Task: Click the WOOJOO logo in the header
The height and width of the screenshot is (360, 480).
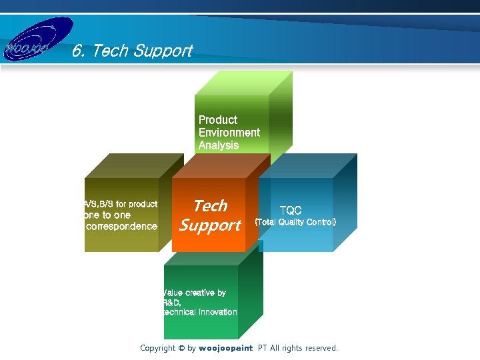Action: click(37, 41)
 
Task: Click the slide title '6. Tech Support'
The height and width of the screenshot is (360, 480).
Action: click(132, 51)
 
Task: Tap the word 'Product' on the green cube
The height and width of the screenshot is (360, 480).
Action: click(218, 120)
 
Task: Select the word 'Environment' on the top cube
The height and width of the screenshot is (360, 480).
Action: click(229, 133)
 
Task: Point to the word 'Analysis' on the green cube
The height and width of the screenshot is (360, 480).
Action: click(218, 145)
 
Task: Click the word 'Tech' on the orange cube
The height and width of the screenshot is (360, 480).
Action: click(210, 206)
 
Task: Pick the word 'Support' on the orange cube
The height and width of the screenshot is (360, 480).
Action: click(210, 225)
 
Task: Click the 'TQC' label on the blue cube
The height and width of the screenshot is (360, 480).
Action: click(290, 211)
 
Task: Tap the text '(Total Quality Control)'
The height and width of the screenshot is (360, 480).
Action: click(296, 222)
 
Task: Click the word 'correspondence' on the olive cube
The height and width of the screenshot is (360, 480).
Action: click(122, 227)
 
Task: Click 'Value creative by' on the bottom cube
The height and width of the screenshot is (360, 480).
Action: click(195, 293)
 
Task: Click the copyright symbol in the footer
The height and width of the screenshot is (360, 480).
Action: click(181, 348)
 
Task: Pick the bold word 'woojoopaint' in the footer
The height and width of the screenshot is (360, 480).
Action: click(226, 348)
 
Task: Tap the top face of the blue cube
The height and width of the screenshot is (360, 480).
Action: click(313, 165)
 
